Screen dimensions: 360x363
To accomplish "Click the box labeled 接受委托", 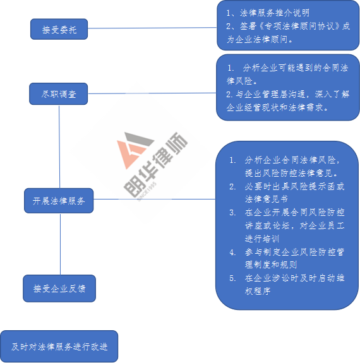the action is click(x=59, y=29).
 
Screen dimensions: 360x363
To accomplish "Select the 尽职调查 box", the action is click(x=58, y=94).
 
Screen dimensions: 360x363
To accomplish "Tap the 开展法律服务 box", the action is click(x=59, y=201).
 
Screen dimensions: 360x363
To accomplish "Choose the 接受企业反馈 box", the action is click(x=59, y=289).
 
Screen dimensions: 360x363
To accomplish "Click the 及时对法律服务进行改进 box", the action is click(x=59, y=347).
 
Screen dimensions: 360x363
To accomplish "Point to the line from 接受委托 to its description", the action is click(x=152, y=28).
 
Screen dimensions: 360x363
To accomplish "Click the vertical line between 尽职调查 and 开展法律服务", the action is click(x=59, y=146).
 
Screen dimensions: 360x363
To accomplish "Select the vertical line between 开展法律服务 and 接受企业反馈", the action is click(x=60, y=244).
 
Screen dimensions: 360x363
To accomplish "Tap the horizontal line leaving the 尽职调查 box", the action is click(x=152, y=93).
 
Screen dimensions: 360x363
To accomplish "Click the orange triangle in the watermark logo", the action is click(x=129, y=153).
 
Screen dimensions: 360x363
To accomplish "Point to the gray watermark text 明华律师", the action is click(x=156, y=164).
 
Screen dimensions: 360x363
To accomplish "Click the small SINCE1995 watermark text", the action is click(x=147, y=192).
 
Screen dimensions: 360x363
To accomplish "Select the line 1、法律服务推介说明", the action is click(x=268, y=13).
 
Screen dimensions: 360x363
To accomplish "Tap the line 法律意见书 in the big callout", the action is click(x=267, y=199).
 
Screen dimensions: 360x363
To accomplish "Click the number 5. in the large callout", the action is click(x=232, y=278).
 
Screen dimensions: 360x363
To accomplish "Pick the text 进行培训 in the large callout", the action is click(x=262, y=239).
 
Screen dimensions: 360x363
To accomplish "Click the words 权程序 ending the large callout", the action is click(x=258, y=291).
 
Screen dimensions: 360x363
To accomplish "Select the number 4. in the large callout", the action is click(x=232, y=252).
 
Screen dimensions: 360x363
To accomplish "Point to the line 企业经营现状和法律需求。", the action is click(x=277, y=107).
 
